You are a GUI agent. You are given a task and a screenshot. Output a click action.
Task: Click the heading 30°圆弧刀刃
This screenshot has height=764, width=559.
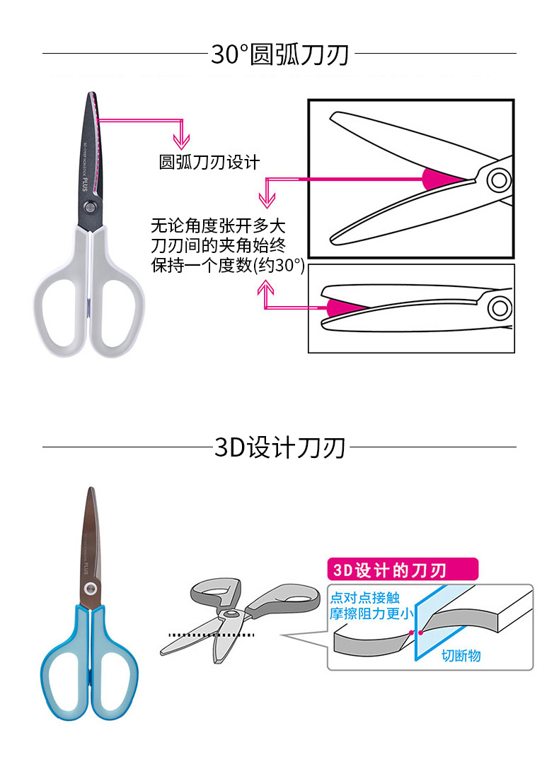(x=279, y=54)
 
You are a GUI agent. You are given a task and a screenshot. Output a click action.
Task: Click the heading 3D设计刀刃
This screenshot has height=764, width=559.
(x=279, y=447)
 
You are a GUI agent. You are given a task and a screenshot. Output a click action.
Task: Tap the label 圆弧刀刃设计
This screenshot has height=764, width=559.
(x=209, y=163)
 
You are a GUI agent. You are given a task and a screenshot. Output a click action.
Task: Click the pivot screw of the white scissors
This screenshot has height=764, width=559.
(x=91, y=206)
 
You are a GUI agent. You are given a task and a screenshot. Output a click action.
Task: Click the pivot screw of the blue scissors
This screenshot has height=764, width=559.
(x=90, y=589)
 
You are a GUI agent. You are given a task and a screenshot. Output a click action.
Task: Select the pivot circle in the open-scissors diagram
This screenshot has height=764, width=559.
(x=500, y=180)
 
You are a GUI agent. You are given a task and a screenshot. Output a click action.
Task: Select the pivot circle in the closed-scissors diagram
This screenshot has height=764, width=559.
(x=500, y=307)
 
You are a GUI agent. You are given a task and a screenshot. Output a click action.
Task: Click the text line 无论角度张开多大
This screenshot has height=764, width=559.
(x=219, y=228)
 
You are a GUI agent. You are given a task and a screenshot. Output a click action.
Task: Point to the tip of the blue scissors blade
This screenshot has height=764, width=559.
(x=90, y=489)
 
